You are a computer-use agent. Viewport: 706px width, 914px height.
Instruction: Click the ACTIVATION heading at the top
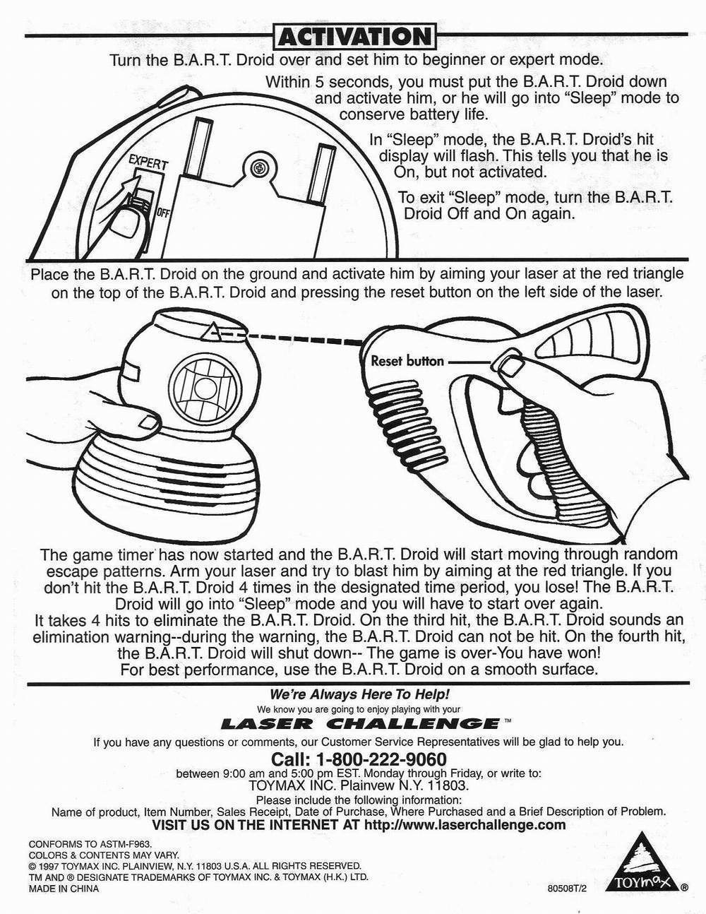point(356,36)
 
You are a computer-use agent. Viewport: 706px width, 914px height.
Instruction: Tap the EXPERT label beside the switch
point(148,162)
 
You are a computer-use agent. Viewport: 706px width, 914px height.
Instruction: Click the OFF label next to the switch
point(162,213)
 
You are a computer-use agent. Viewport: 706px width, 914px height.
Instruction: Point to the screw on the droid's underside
point(258,168)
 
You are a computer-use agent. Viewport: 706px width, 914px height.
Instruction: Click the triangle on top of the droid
point(212,331)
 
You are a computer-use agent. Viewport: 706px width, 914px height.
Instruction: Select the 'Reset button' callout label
point(407,361)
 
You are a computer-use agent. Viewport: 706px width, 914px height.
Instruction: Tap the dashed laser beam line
point(295,338)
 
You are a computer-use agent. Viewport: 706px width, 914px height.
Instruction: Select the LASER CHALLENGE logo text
point(361,723)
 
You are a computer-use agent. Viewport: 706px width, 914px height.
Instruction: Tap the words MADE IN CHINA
point(64,889)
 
